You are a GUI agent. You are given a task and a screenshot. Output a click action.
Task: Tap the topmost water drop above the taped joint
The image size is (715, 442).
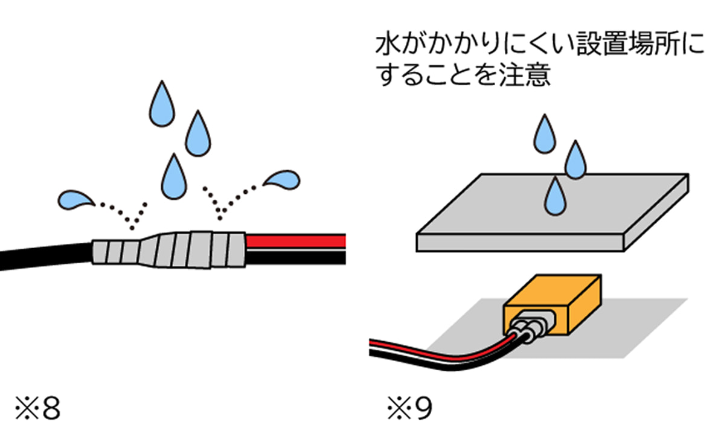point(162,104)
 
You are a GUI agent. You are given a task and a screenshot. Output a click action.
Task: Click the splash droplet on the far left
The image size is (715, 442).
point(75,200)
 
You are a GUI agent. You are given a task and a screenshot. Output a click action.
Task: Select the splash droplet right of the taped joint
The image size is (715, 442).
point(281,181)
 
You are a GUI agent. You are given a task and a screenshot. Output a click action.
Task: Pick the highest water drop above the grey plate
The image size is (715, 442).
point(543,134)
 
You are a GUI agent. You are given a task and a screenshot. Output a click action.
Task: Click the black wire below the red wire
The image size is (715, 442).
point(296,258)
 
